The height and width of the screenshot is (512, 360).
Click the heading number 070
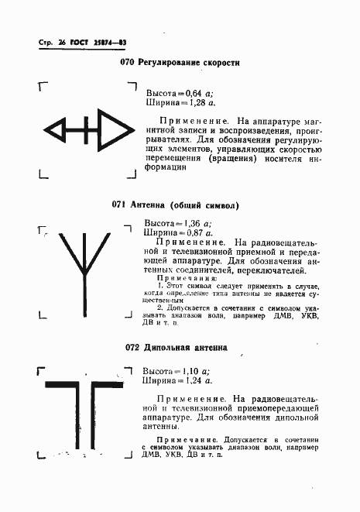[x=128, y=61]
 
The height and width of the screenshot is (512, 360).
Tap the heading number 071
[x=119, y=205]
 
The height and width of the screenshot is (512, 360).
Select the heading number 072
[x=133, y=348]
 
